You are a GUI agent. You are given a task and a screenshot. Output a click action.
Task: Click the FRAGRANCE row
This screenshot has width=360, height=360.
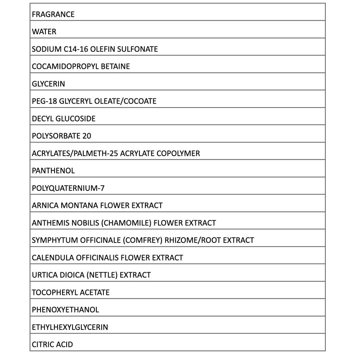pos(53,14)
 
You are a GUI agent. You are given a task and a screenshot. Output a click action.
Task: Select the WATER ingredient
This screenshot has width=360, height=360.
pos(44,32)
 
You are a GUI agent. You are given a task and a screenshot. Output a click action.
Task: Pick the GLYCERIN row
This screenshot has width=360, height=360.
pos(49,84)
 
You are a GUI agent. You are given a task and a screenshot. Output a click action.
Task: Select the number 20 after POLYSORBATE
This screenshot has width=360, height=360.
pos(87,136)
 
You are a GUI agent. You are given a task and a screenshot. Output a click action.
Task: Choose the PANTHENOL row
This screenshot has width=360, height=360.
pos(54,171)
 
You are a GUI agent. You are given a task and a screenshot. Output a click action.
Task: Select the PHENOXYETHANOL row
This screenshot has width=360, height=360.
pos(66,310)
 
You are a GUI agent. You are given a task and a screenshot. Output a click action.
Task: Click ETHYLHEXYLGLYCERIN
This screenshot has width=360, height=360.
pos(70,327)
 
